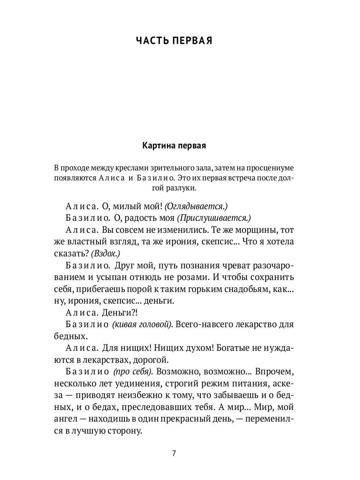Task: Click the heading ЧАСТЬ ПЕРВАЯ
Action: click(x=174, y=41)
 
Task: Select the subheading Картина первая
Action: click(x=174, y=146)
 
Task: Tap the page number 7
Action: click(x=174, y=454)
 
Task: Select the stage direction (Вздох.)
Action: click(x=106, y=253)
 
